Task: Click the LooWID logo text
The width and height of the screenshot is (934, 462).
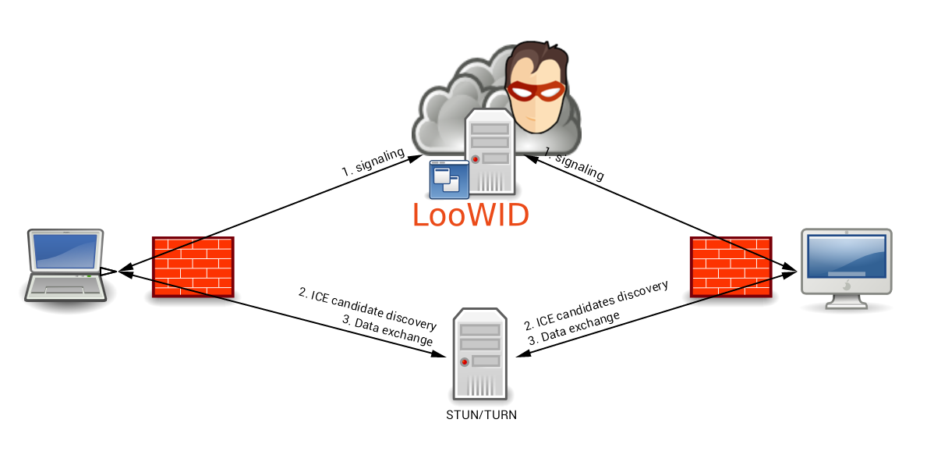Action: click(x=471, y=214)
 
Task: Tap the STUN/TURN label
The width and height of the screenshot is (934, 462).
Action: click(x=481, y=414)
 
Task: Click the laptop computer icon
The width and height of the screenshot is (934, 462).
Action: click(x=65, y=265)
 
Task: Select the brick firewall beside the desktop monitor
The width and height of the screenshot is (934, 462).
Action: click(x=731, y=267)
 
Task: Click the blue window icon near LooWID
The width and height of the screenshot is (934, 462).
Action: click(x=449, y=179)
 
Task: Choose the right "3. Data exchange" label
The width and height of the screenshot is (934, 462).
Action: click(x=575, y=329)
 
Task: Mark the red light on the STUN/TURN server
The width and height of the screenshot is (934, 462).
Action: click(x=465, y=361)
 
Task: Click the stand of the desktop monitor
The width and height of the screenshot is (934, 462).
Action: click(x=846, y=297)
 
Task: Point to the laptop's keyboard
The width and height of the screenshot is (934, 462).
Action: click(x=65, y=282)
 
